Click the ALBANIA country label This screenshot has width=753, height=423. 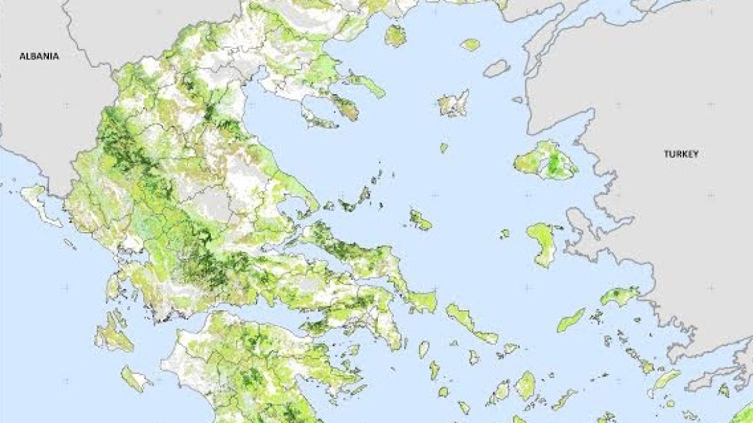click(39, 56)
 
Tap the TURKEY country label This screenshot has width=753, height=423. click(681, 154)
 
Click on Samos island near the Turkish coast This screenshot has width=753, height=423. click(620, 296)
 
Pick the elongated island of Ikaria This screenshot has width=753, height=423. click(571, 319)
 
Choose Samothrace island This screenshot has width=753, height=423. click(470, 44)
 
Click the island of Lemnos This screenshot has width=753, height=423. click(453, 104)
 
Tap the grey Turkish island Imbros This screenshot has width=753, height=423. click(496, 68)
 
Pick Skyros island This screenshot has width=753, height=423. click(420, 220)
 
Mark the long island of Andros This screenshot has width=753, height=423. click(470, 322)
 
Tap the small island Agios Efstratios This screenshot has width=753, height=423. click(444, 148)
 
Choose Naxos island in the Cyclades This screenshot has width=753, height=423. click(525, 385)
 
